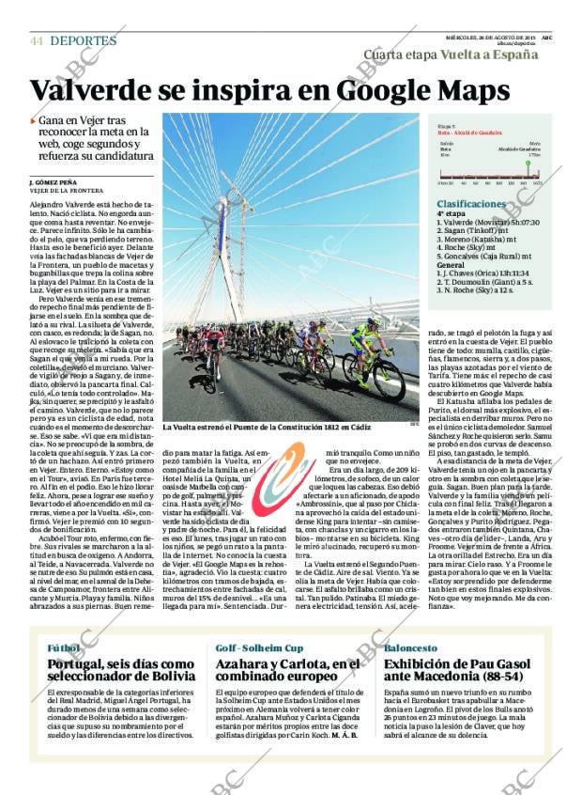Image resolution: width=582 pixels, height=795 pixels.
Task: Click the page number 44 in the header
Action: tap(37, 41)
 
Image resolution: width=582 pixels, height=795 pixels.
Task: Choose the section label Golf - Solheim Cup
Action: tap(259, 648)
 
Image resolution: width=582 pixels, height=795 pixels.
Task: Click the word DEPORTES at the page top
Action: tap(83, 41)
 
